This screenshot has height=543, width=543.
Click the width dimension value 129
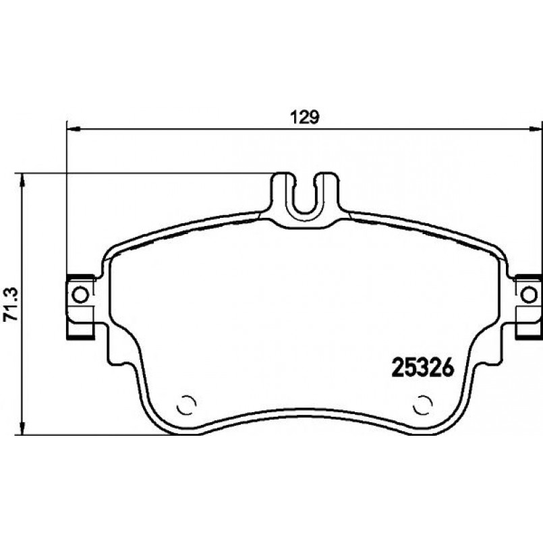coord(305,118)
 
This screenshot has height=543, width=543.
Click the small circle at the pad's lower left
coord(186,405)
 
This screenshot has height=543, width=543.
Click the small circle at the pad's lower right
coord(422,405)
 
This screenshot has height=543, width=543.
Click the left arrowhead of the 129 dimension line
coord(74,129)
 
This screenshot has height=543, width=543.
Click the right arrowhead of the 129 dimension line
coord(536,129)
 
